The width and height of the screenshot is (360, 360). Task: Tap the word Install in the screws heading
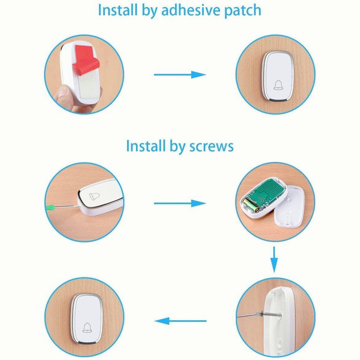pos(142,146)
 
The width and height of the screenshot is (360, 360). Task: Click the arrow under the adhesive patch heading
pos(180,74)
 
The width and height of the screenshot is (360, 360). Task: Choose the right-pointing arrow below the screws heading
pos(180,203)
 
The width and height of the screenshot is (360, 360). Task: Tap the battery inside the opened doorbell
pos(252,206)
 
